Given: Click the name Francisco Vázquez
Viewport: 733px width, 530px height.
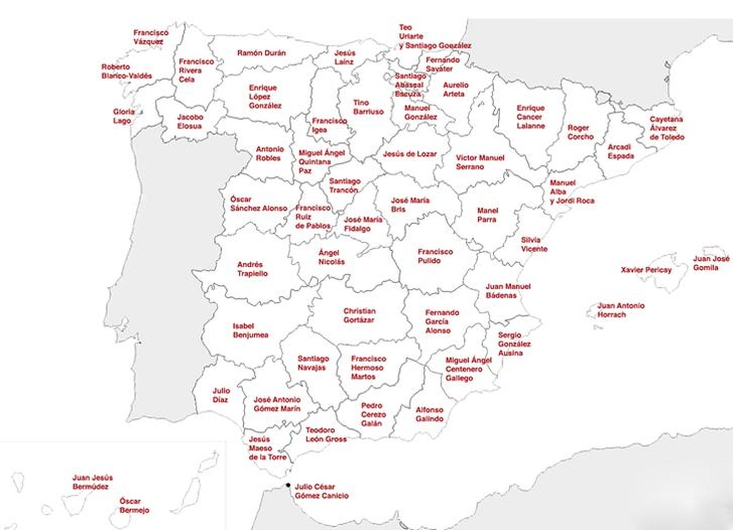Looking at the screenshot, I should [151, 37].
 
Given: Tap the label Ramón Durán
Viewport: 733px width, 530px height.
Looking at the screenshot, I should [261, 53].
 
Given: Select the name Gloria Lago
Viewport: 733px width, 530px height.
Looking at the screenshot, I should [124, 116].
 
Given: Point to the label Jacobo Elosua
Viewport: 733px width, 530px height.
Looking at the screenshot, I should [190, 121].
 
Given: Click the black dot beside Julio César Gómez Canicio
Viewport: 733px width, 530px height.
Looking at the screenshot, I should [288, 485].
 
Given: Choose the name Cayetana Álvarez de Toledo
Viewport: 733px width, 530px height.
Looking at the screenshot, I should [667, 128].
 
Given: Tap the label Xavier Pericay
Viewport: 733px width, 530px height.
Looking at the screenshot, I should [646, 270].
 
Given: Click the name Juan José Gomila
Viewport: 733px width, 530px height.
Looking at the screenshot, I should [711, 263].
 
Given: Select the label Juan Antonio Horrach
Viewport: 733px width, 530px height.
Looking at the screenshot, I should [621, 310].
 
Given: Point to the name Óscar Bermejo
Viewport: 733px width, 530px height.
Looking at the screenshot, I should [134, 506].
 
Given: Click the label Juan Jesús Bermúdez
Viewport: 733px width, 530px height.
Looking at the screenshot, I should [92, 482].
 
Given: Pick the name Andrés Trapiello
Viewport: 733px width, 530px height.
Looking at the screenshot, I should [252, 269].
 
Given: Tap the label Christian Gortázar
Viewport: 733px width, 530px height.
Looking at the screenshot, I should [359, 315].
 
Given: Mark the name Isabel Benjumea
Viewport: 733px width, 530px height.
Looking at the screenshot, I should [250, 330].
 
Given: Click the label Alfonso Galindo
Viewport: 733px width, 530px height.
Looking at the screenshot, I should [429, 414].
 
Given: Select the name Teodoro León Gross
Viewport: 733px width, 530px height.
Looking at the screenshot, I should [326, 435].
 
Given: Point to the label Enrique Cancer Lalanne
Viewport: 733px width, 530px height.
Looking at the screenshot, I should [531, 117].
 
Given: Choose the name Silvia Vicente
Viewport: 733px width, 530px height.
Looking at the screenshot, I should [534, 244].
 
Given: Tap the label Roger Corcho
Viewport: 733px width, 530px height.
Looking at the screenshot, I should [580, 132].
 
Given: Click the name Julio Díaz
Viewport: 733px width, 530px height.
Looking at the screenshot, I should [221, 395].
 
